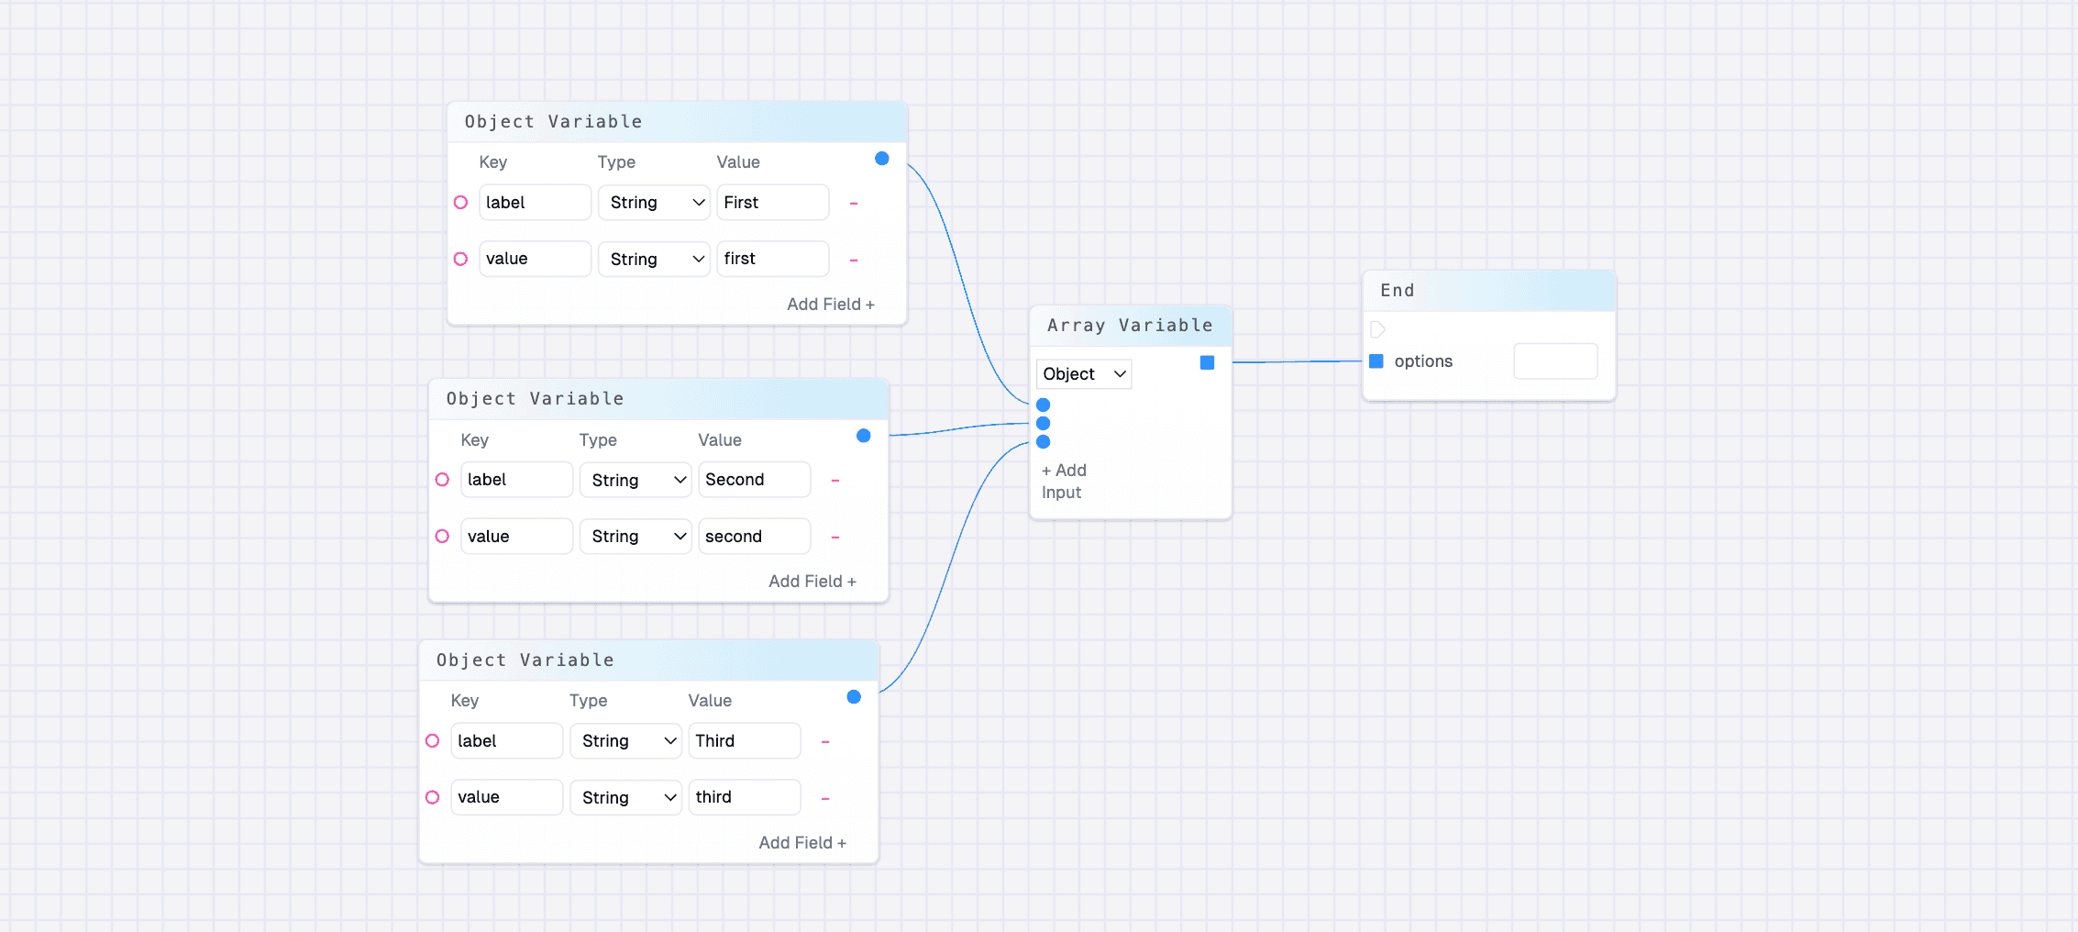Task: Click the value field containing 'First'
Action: click(772, 203)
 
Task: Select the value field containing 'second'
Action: click(754, 537)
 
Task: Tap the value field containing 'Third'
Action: click(744, 741)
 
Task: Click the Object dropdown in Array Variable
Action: click(1084, 374)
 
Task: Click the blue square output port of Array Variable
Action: click(1207, 363)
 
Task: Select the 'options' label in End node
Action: click(1423, 361)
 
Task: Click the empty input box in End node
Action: click(1555, 361)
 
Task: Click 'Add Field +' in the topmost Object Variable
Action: click(830, 305)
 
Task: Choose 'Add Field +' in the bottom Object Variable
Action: click(801, 843)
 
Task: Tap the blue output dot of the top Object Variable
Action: click(882, 159)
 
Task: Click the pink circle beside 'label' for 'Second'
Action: click(442, 480)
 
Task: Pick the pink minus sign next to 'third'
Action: click(825, 798)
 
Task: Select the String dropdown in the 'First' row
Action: click(655, 203)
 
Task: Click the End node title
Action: click(1398, 291)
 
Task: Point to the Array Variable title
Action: click(1130, 326)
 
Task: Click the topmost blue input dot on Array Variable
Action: click(1043, 405)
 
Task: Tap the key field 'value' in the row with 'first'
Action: click(535, 259)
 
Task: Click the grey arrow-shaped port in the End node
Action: click(1377, 329)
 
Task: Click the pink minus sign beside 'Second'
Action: click(835, 481)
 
